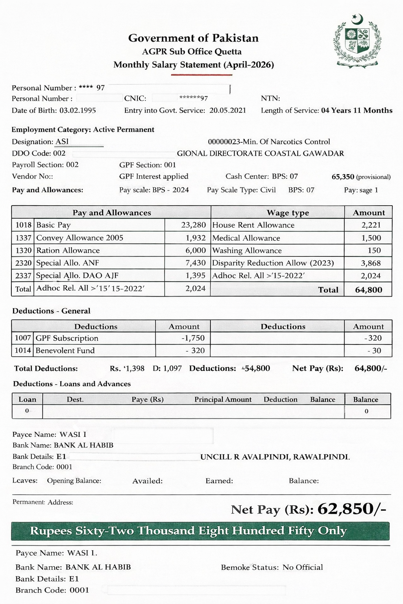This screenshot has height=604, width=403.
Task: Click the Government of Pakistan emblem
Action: pyautogui.click(x=357, y=41)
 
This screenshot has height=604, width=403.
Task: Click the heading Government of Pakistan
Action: pyautogui.click(x=193, y=38)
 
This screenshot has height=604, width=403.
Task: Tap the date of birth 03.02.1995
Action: pyautogui.click(x=78, y=110)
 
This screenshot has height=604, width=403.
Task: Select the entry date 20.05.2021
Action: pyautogui.click(x=227, y=110)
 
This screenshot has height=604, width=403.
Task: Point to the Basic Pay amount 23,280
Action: pyautogui.click(x=193, y=225)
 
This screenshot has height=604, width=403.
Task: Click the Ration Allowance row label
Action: pyautogui.click(x=68, y=250)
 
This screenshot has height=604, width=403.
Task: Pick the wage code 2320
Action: pyautogui.click(x=23, y=263)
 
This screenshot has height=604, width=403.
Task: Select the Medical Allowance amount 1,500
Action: pyautogui.click(x=371, y=238)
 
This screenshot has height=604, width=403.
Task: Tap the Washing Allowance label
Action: pyautogui.click(x=247, y=250)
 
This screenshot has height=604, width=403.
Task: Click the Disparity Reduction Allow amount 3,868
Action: pyautogui.click(x=371, y=263)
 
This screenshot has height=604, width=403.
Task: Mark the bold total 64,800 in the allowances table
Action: pyautogui.click(x=368, y=290)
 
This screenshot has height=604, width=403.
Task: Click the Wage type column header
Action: pyautogui.click(x=288, y=213)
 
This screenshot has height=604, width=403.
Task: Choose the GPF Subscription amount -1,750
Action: pyautogui.click(x=193, y=338)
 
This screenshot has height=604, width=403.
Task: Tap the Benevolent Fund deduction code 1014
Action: pyautogui.click(x=23, y=351)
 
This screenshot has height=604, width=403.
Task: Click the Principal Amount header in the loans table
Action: pyautogui.click(x=223, y=400)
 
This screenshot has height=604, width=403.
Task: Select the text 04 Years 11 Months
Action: pyautogui.click(x=357, y=110)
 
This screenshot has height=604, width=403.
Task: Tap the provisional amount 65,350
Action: pyautogui.click(x=343, y=177)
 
